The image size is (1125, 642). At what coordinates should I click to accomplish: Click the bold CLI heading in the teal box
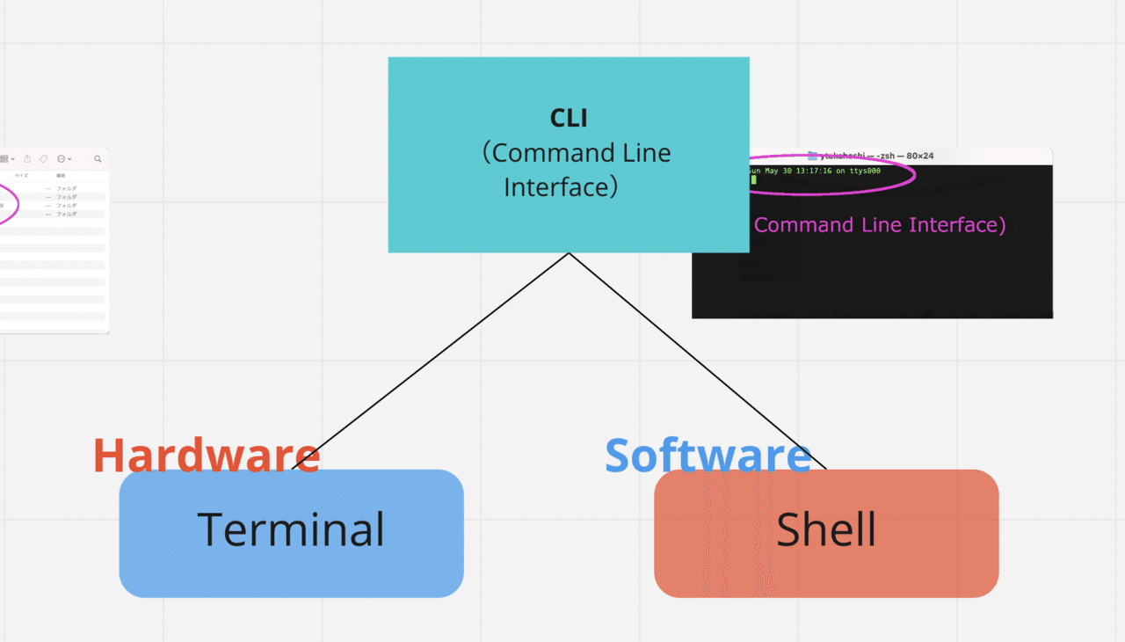[x=569, y=118]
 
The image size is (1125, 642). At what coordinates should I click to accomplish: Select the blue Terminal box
[x=291, y=532]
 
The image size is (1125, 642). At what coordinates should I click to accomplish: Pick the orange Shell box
[x=826, y=532]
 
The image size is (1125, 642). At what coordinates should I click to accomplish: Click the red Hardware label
[x=206, y=456]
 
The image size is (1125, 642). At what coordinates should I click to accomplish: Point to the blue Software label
[x=708, y=456]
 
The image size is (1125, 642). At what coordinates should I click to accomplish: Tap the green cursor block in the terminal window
[x=753, y=179]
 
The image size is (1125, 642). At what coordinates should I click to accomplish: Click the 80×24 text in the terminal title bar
[x=919, y=156]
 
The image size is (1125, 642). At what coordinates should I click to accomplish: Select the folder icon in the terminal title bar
[x=813, y=156]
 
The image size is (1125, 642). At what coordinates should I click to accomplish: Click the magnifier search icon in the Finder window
[x=98, y=159]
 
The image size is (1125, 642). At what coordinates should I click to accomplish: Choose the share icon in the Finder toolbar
[x=27, y=159]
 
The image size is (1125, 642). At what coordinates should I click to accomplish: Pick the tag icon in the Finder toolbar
[x=44, y=159]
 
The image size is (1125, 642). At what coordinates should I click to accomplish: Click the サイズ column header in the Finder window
[x=20, y=176]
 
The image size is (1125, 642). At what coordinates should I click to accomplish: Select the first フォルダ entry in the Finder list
[x=67, y=188]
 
